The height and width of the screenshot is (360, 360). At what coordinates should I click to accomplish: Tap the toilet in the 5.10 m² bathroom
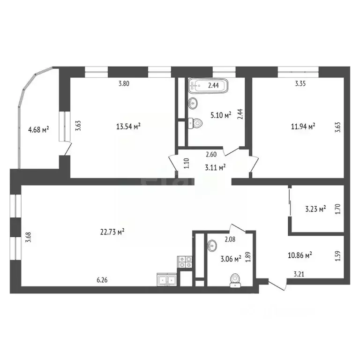pos(195,123)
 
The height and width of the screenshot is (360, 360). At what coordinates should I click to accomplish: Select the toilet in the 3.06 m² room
pos(234,280)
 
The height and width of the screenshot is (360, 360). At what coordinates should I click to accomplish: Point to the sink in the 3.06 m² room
pos(212,245)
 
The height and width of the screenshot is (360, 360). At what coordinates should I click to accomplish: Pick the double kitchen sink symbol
pos(166,280)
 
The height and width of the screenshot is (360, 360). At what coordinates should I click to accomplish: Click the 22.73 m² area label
pos(112,231)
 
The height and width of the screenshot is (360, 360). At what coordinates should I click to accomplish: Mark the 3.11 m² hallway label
pos(216,165)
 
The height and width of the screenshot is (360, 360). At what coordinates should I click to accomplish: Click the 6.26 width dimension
pos(102,280)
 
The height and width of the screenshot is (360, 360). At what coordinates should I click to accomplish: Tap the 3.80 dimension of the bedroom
pos(123,84)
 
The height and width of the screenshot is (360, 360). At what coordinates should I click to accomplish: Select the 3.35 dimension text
pos(300,84)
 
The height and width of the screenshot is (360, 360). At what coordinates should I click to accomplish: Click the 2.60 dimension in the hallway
pos(211,154)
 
